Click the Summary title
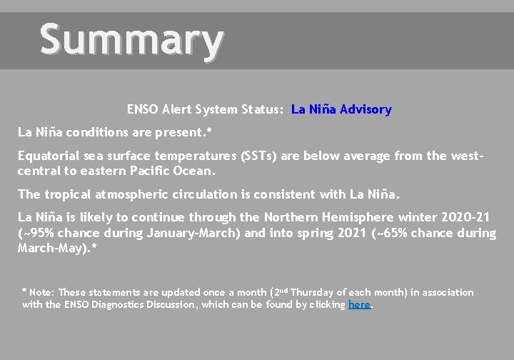pyautogui.click(x=131, y=40)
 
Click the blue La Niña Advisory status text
pyautogui.click(x=341, y=110)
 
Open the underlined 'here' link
pyautogui.click(x=359, y=305)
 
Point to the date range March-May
pyautogui.click(x=49, y=248)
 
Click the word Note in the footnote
pyautogui.click(x=41, y=292)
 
